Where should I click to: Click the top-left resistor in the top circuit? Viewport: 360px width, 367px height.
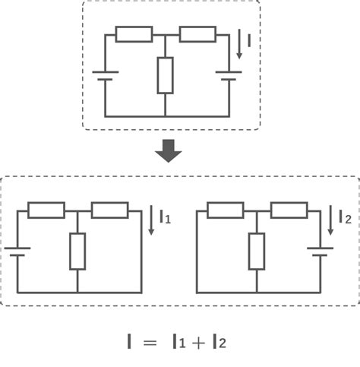pyautogui.click(x=134, y=34)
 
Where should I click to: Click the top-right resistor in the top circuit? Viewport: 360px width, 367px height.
pyautogui.click(x=197, y=34)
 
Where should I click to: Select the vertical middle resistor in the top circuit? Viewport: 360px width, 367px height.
pyautogui.click(x=166, y=75)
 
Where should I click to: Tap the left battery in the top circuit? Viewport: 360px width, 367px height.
pyautogui.click(x=106, y=76)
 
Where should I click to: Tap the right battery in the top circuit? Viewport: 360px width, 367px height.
pyautogui.click(x=229, y=76)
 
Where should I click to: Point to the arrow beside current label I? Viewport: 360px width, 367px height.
pyautogui.click(x=239, y=44)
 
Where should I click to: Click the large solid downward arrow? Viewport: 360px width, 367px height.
pyautogui.click(x=169, y=151)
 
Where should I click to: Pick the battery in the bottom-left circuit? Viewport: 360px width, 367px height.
pyautogui.click(x=17, y=252)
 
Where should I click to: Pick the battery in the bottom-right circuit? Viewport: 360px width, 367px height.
pyautogui.click(x=321, y=252)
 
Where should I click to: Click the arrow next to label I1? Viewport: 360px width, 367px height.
pyautogui.click(x=151, y=220)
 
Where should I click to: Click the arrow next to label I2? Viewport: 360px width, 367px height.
pyautogui.click(x=330, y=220)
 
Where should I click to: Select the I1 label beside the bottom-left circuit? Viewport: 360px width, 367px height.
pyautogui.click(x=166, y=217)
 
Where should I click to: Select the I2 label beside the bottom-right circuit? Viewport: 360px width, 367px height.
pyautogui.click(x=346, y=217)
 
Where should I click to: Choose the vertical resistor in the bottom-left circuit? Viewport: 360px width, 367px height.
pyautogui.click(x=77, y=252)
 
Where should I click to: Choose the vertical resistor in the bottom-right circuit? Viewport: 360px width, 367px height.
pyautogui.click(x=257, y=252)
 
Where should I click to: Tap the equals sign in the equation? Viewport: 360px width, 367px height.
pyautogui.click(x=150, y=343)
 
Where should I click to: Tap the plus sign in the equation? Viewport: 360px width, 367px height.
pyautogui.click(x=198, y=343)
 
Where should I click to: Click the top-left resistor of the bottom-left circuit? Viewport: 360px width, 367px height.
pyautogui.click(x=46, y=210)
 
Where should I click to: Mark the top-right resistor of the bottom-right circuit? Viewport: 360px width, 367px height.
pyautogui.click(x=289, y=210)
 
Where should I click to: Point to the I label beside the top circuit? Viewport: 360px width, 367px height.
pyautogui.click(x=249, y=40)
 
